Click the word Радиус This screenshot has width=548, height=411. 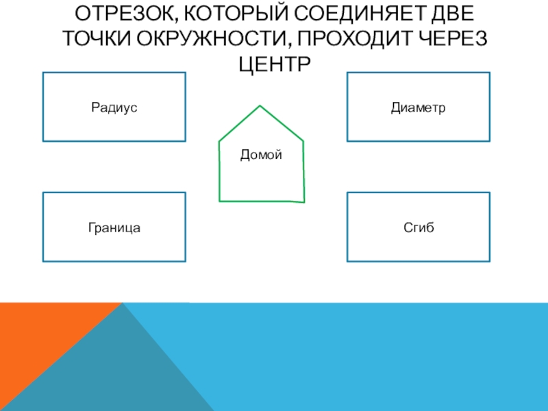[114, 108]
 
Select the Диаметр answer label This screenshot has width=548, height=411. [418, 108]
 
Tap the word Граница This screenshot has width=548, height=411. [114, 227]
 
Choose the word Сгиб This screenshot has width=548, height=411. [418, 227]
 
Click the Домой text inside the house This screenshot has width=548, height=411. [261, 155]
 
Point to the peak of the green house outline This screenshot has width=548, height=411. [260, 105]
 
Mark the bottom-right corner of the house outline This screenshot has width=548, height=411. [304, 202]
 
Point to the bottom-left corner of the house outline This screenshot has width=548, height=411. [219, 201]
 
